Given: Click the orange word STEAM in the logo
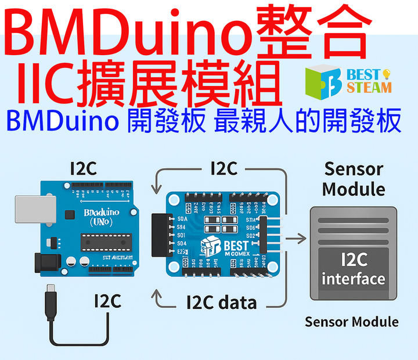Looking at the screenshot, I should pos(369,88).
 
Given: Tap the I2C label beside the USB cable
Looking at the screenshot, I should pos(107,301).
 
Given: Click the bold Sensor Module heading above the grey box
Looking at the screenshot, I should pos(354,179).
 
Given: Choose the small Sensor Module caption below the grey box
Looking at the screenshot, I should pos(352,321).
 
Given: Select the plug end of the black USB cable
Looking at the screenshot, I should pos(52,289).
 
